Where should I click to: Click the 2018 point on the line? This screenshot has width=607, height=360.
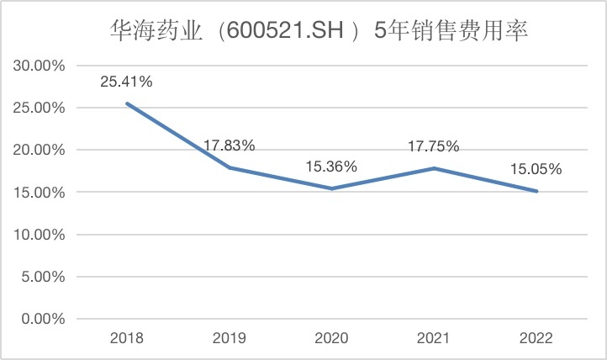tap(127, 103)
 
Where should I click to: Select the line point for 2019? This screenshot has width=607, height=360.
tap(230, 167)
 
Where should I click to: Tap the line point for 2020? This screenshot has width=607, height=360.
tap(331, 188)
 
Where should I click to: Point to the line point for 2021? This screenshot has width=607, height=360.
tap(434, 168)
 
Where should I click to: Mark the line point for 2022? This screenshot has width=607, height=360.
tap(536, 191)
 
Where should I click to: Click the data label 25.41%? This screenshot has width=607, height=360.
tap(126, 82)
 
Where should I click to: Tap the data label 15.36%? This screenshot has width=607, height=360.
tap(331, 167)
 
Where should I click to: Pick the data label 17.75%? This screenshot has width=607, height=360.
tap(434, 146)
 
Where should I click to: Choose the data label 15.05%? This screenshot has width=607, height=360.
tap(536, 169)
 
